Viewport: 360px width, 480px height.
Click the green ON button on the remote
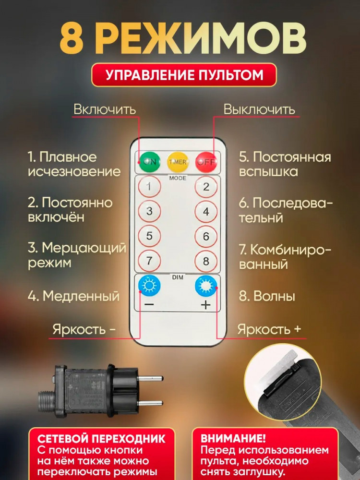149,162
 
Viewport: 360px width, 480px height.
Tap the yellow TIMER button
178,162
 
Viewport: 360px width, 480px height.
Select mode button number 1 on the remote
149,186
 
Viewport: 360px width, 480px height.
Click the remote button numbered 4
206,211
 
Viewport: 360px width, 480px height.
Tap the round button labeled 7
149,261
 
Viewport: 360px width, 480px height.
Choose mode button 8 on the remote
206,261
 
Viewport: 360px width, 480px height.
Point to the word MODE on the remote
178,178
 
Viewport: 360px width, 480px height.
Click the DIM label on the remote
178,277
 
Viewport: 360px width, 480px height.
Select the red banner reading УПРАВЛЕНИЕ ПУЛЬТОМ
184,75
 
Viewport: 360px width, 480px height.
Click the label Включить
105,109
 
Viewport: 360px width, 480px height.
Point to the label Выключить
259,109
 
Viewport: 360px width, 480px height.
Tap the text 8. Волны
267,296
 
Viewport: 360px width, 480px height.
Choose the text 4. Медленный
73,296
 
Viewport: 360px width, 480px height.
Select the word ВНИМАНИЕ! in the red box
233,438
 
